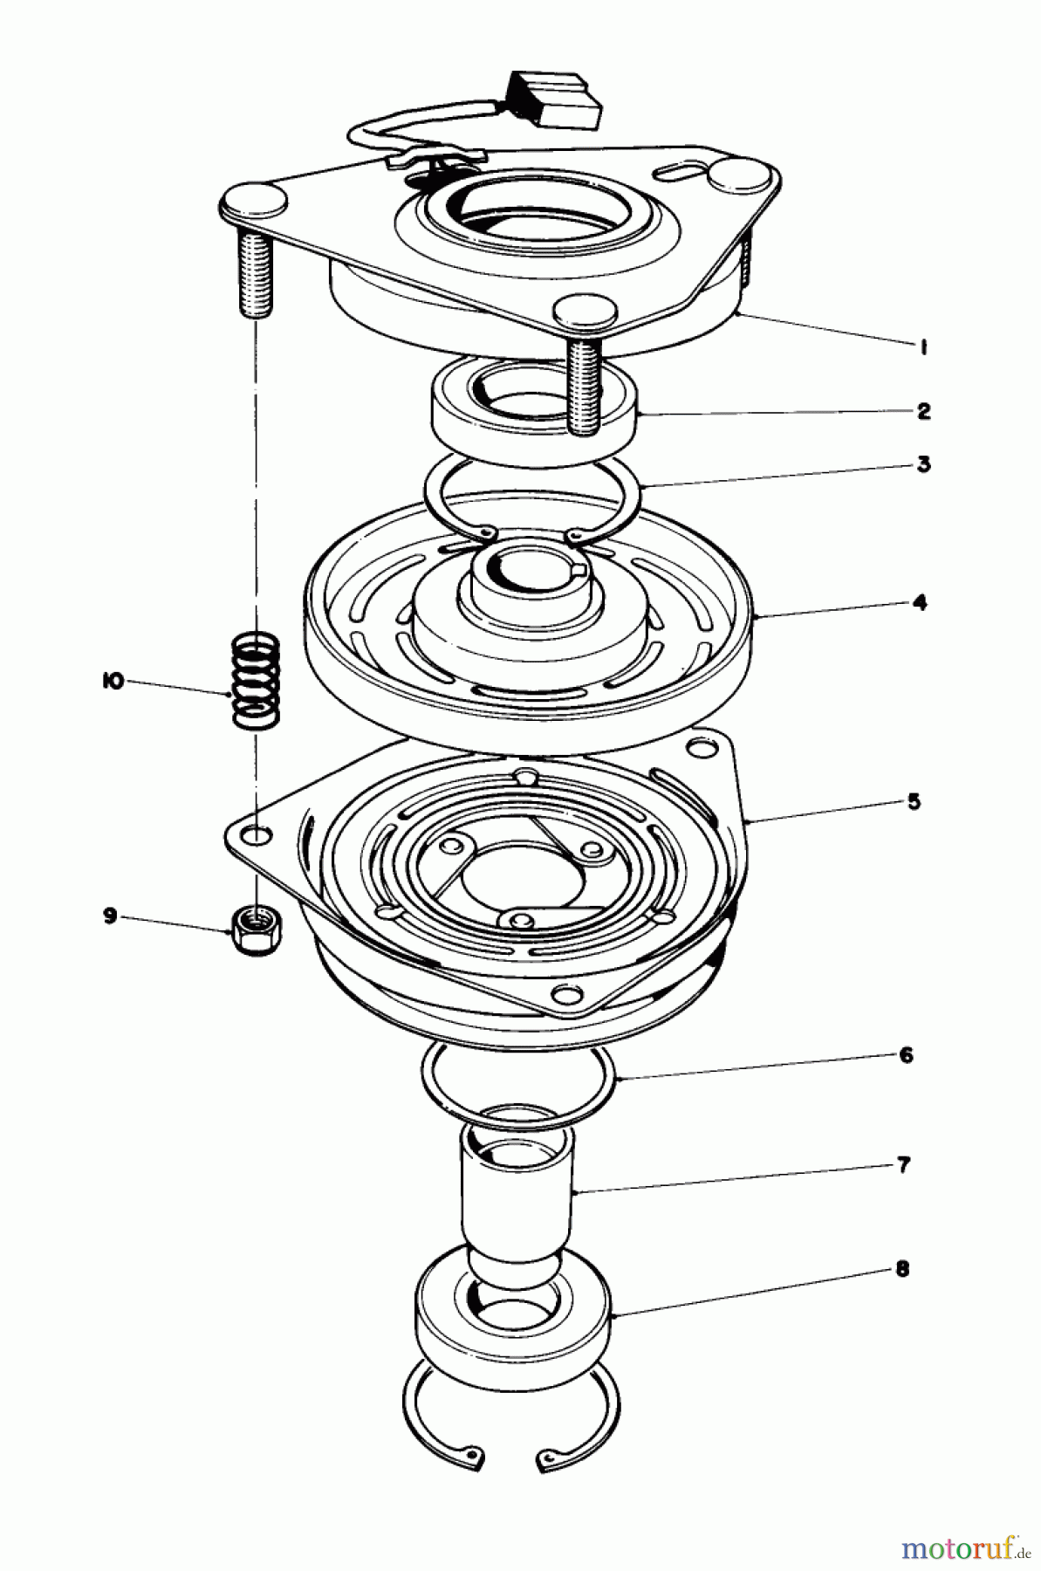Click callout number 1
[921, 347]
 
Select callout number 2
[923, 411]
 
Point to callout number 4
[921, 602]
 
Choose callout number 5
[913, 801]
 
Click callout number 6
[905, 1055]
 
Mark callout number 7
[903, 1165]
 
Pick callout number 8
[901, 1268]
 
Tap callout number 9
[110, 916]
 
